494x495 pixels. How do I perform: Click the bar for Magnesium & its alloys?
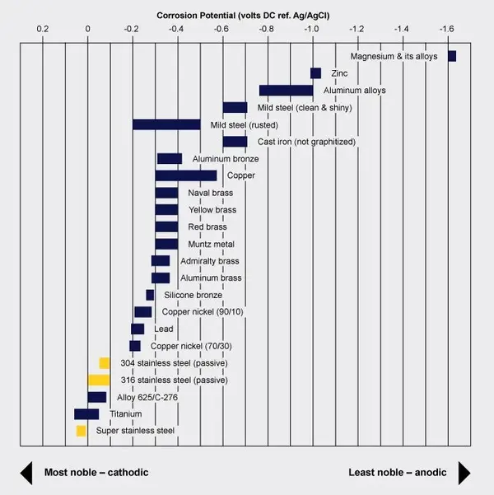(452, 56)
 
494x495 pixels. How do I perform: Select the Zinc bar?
(315, 73)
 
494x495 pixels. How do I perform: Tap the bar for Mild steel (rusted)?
(166, 124)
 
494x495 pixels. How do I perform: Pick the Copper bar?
(186, 175)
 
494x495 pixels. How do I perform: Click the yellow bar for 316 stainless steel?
(99, 380)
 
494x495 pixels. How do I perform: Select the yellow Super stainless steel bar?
(81, 431)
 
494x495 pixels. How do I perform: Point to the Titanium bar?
(86, 413)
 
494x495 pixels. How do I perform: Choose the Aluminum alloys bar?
(286, 91)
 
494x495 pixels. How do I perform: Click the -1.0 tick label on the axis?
(311, 29)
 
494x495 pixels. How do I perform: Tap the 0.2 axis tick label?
(44, 29)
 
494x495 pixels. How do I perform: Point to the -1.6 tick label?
(445, 29)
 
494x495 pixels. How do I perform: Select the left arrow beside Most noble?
(25, 473)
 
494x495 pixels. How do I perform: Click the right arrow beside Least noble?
(464, 473)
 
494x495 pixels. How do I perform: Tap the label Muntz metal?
(212, 245)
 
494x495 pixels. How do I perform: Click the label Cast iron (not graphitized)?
(306, 142)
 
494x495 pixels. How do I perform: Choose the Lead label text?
(164, 329)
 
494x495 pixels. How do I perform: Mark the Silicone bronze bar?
(150, 295)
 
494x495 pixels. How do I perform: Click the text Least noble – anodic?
(398, 473)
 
